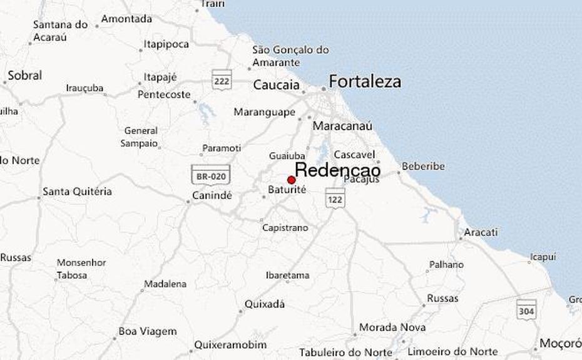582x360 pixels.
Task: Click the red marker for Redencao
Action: coord(291,180)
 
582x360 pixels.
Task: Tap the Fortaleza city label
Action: coord(365,82)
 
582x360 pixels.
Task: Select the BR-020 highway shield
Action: coord(210,176)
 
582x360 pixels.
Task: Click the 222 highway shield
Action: coord(222,80)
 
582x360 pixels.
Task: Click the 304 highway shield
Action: coord(526,309)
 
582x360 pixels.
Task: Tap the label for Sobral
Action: coord(24,76)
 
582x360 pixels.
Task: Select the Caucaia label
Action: coord(276,85)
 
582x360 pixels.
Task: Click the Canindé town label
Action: coord(212,195)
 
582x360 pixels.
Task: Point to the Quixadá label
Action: coord(264,304)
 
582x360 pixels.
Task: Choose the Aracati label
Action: coord(480,232)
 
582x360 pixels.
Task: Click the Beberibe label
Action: coord(423,167)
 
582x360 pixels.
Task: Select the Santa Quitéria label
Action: coord(77,191)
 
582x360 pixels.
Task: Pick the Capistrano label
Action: coord(285,228)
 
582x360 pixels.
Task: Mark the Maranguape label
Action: coord(264,112)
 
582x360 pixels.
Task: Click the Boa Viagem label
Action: coord(148,331)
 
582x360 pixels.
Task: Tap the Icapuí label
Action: coord(543,257)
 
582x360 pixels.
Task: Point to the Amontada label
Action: coord(126,19)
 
